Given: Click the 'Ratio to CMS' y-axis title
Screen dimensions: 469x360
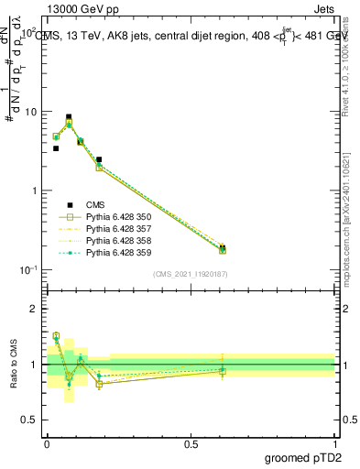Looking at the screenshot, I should pyautogui.click(x=14, y=365).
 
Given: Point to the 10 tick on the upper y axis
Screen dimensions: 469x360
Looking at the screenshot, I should pyautogui.click(x=33, y=112).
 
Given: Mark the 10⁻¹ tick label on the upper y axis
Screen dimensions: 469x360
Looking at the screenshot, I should pyautogui.click(x=31, y=269).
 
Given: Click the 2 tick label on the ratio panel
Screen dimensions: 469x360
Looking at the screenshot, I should pyautogui.click(x=36, y=309).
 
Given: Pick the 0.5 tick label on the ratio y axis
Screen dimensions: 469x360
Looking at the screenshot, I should pyautogui.click(x=31, y=420).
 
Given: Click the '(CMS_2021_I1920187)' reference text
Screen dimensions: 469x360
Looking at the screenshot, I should pyautogui.click(x=191, y=274).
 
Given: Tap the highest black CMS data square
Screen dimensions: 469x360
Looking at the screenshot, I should pyautogui.click(x=69, y=117).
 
